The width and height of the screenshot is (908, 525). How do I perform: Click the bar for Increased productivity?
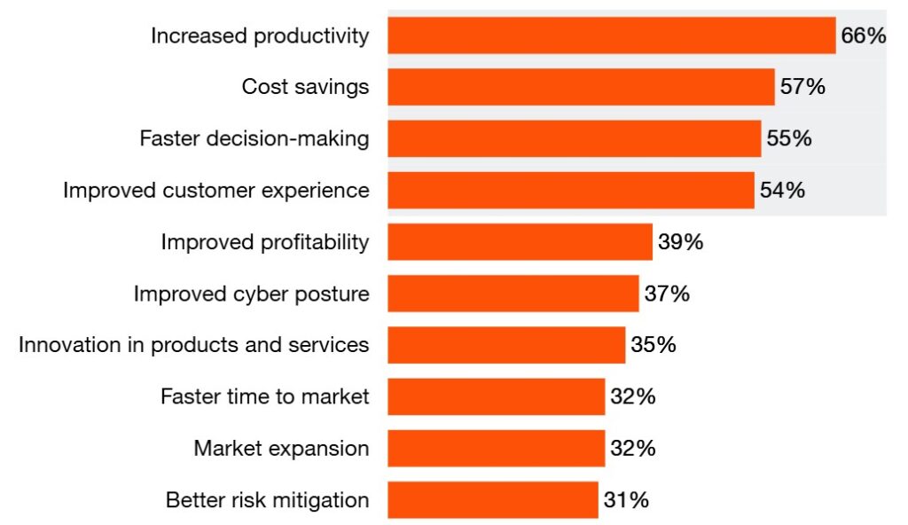click(612, 35)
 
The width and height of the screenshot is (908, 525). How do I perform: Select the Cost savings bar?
click(581, 87)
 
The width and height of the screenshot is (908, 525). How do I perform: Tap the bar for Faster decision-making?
click(574, 138)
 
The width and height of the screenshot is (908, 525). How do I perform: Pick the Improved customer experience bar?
click(570, 190)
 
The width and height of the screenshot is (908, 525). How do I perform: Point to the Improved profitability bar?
click(520, 241)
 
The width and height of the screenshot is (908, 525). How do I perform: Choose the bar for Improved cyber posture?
click(513, 293)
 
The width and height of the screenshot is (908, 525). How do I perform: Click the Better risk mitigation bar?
click(492, 499)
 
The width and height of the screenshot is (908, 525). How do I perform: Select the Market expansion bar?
click(496, 448)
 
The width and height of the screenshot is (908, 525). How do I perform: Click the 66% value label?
click(863, 35)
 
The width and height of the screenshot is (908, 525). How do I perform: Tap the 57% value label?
click(802, 87)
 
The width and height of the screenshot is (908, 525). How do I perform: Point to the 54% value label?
click(782, 190)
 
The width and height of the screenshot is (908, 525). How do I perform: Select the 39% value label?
click(680, 241)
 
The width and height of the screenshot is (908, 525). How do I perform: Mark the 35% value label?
click(654, 344)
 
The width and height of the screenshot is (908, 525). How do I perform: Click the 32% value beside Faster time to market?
click(632, 396)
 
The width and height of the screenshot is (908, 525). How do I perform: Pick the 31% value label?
click(626, 499)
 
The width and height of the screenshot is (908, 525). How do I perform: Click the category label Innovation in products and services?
click(193, 344)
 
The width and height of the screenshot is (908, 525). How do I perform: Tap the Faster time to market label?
click(264, 396)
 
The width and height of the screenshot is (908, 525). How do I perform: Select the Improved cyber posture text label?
click(251, 293)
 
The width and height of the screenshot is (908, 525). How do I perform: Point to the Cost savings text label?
click(305, 87)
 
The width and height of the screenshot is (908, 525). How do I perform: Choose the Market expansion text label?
click(281, 448)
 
